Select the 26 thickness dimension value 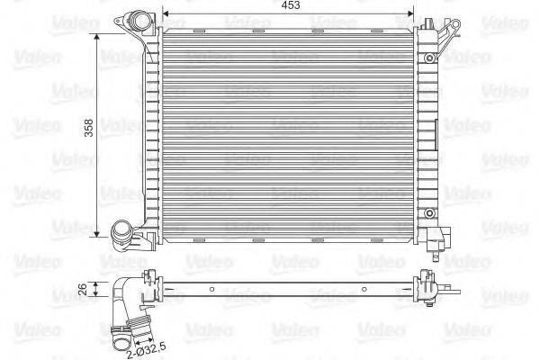84,290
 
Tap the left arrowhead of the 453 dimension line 166,15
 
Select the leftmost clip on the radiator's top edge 198,31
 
